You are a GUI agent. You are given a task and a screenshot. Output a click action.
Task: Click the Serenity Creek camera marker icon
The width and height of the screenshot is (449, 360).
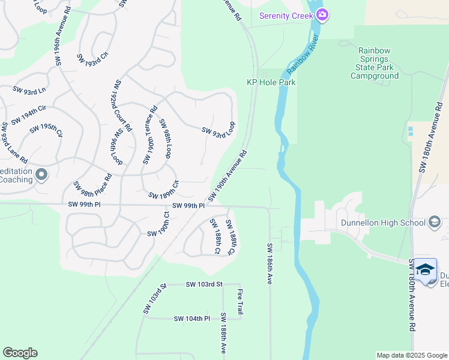(322, 15)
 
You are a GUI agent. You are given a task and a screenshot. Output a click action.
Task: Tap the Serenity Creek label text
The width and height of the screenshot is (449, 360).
(286, 16)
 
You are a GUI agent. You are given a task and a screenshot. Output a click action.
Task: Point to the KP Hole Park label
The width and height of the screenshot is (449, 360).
(271, 83)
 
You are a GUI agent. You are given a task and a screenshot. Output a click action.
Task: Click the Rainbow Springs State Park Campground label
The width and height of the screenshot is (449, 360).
(375, 63)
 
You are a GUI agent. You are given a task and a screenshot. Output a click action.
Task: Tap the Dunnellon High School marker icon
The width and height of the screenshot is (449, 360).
(435, 223)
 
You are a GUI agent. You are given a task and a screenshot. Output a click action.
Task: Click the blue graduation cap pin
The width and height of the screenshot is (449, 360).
(426, 269)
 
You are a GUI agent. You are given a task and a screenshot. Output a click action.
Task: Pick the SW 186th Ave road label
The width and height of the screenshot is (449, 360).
(270, 263)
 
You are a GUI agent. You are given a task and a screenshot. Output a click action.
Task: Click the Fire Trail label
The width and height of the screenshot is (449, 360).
(240, 302)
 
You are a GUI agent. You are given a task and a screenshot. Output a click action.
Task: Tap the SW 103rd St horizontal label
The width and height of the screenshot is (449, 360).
(204, 284)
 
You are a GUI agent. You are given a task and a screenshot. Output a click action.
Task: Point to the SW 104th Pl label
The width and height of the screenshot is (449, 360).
(192, 319)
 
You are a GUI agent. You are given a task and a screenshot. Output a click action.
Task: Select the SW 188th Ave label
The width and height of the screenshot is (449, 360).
(223, 333)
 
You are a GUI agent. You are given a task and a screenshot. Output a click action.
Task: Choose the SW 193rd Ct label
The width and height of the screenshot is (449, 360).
(92, 59)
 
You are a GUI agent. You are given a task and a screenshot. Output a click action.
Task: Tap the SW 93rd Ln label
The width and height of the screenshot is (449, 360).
(29, 90)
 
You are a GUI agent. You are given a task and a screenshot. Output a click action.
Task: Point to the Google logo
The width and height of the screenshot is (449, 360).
(20, 353)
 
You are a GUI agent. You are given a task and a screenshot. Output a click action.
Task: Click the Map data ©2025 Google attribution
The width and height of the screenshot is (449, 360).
(412, 355)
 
